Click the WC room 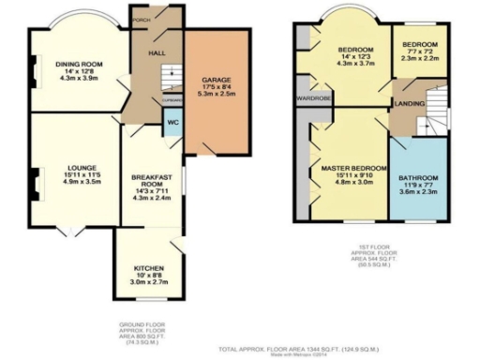point(172,123)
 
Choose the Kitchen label point(148,265)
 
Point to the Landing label point(409,103)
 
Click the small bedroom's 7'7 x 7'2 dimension point(418,52)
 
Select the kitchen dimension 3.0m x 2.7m point(148,280)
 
